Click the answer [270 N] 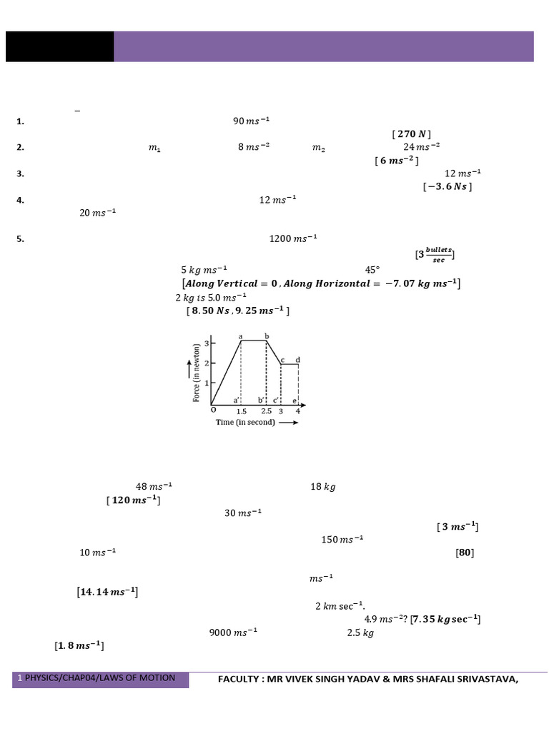coord(412,133)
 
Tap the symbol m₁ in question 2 coord(154,148)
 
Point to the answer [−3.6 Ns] coord(447,186)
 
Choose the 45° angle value coord(372,271)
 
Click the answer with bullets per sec coord(435,255)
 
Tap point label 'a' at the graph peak coord(240,336)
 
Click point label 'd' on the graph coord(297,359)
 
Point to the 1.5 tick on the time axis coord(242,412)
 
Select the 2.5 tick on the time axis coord(266,412)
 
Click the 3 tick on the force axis coord(206,343)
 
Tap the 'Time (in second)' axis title coord(245,423)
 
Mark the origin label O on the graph coord(212,410)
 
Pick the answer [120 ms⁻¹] coord(134,500)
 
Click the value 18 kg coord(323,487)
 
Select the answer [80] coord(465,553)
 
